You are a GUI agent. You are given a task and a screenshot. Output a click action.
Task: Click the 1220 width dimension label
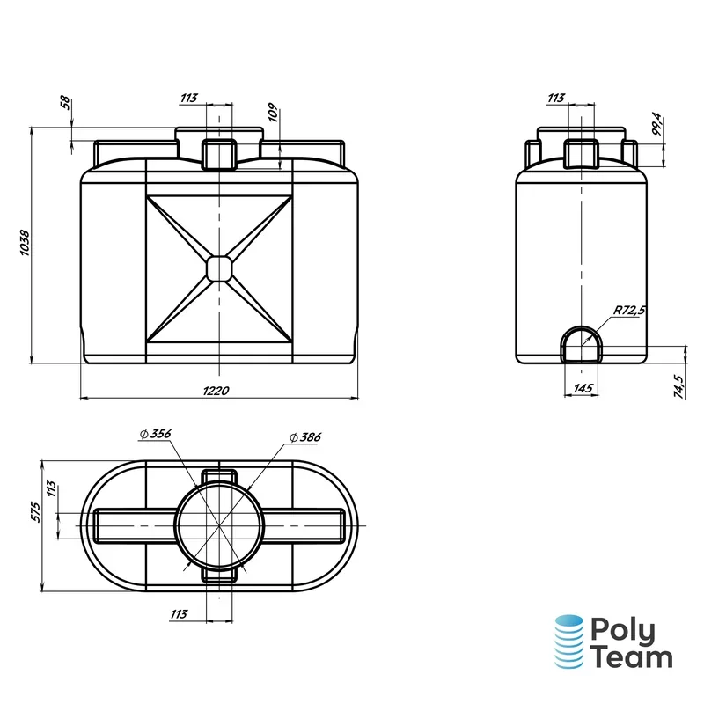[x=216, y=391]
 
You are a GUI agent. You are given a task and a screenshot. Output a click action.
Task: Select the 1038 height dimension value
[x=25, y=243]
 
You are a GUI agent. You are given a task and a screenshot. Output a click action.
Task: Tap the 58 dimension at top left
[x=65, y=102]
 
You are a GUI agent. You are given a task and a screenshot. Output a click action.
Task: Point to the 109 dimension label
[x=273, y=113]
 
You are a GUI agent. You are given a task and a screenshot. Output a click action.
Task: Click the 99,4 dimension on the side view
[x=656, y=124]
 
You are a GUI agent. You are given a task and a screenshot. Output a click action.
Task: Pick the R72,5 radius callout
[x=629, y=310]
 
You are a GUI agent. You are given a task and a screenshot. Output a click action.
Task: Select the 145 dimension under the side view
[x=583, y=388]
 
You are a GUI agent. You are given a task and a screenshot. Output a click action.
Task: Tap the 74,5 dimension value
[x=678, y=386]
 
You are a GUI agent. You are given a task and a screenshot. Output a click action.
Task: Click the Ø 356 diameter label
[x=156, y=434]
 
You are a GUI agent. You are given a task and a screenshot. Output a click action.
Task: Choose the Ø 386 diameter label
[x=305, y=436]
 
